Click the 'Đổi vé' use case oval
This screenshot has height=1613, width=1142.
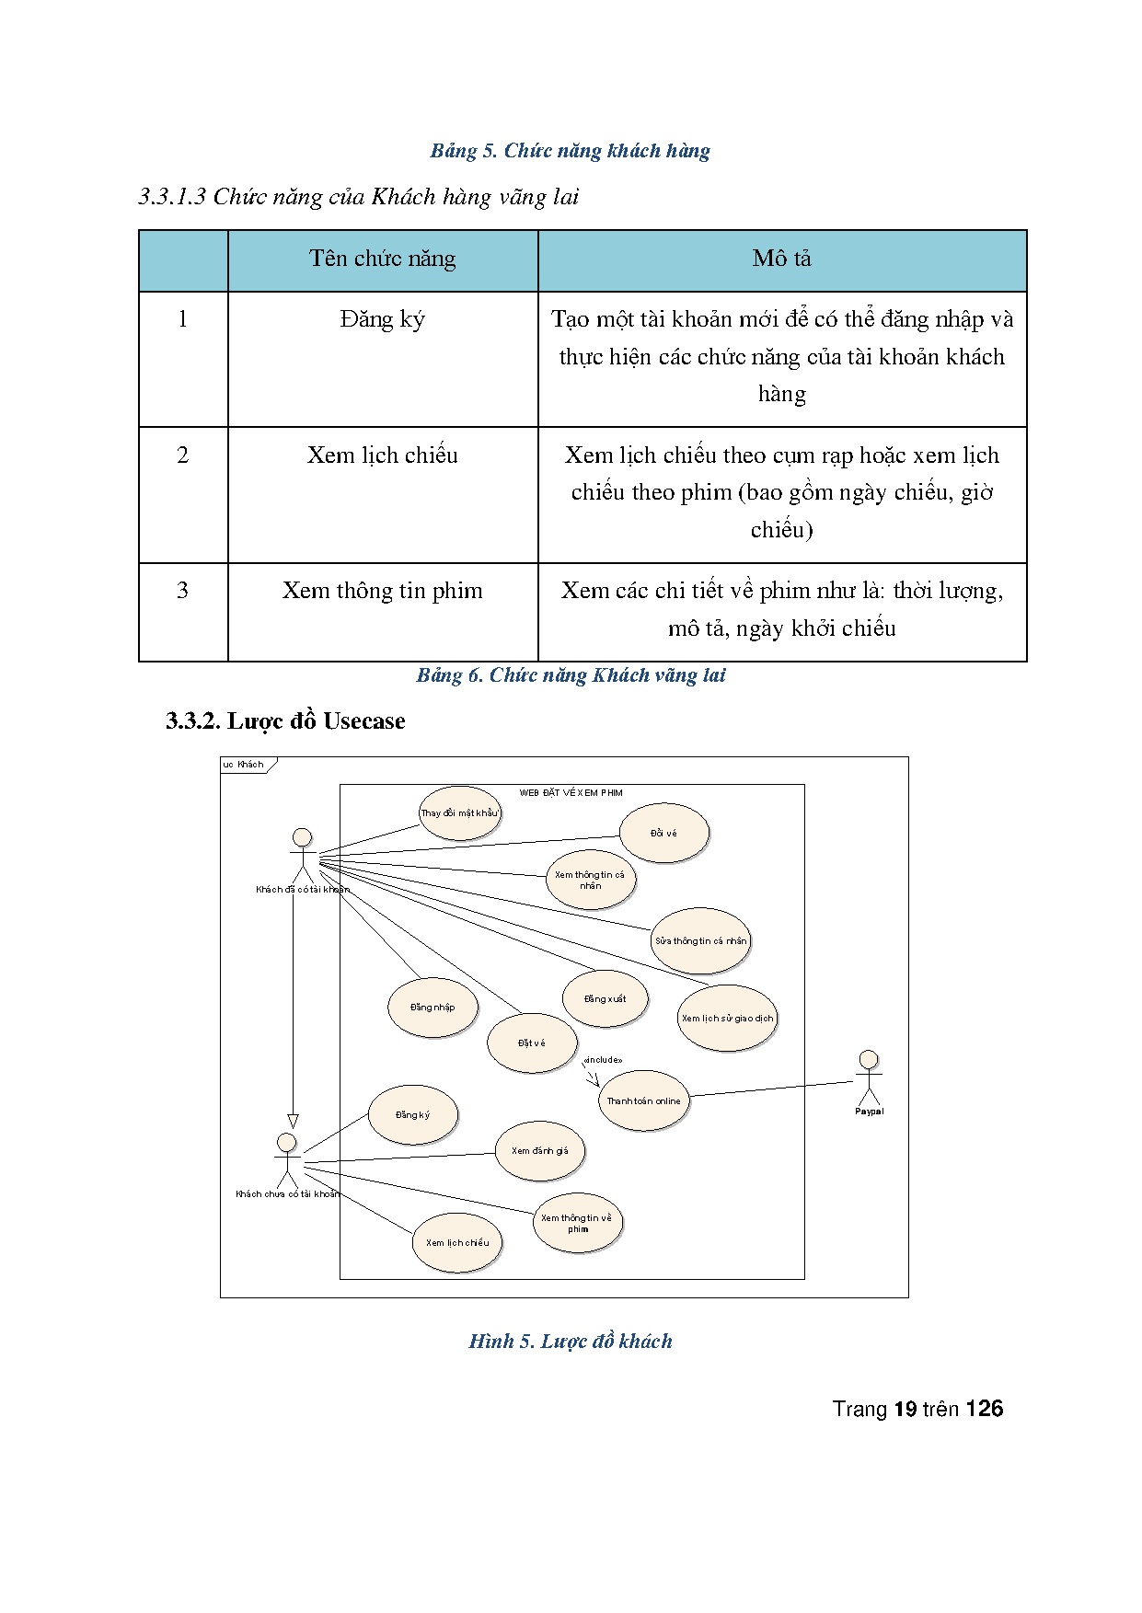coord(663,833)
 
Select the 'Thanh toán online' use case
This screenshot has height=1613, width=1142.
coord(643,1100)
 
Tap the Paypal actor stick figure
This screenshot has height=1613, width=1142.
coord(868,1079)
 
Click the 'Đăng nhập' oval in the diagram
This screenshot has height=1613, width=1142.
coord(433,1007)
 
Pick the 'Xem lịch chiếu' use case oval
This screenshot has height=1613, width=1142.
coord(457,1242)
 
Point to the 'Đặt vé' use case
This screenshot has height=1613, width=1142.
coord(531,1043)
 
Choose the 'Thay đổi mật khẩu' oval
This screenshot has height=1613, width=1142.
coord(459,812)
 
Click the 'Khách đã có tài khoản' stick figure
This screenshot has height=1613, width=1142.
coord(302,855)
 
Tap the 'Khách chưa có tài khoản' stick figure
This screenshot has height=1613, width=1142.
coord(287,1159)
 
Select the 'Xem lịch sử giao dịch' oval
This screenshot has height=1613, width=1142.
coord(727,1018)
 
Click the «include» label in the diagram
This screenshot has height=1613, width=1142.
coord(603,1060)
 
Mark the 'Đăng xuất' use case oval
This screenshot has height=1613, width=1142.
coord(605,998)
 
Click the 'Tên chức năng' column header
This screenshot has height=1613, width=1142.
coord(383,259)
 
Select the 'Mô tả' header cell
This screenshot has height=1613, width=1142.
coord(781,259)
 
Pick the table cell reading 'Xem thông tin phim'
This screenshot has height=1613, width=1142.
coord(383,591)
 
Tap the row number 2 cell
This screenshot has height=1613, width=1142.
coord(182,455)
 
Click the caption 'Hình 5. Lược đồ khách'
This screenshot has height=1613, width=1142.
coord(571,1341)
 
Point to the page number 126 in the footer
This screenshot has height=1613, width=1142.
coord(985,1409)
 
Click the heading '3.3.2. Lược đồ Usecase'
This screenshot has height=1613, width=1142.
coord(285,720)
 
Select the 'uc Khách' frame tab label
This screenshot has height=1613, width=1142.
coord(244,765)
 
